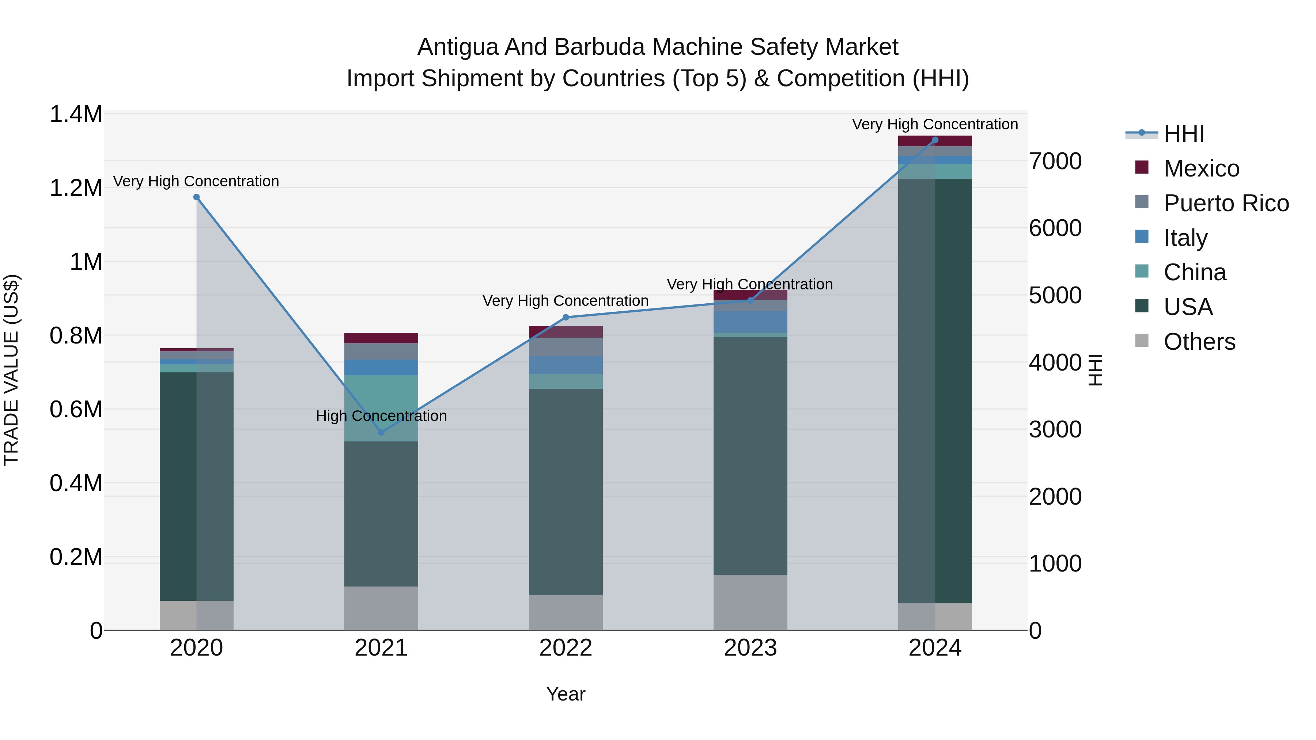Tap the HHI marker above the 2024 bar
click(x=935, y=140)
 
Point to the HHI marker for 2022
click(x=566, y=318)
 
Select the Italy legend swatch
click(x=1141, y=237)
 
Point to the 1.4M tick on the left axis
click(x=76, y=114)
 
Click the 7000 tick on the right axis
click(x=1055, y=162)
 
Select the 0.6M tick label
click(x=76, y=410)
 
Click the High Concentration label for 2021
click(x=381, y=416)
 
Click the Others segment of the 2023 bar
click(x=750, y=603)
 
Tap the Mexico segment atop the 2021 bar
click(x=381, y=338)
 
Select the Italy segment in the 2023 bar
click(x=750, y=322)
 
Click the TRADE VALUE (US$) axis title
click(x=11, y=370)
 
